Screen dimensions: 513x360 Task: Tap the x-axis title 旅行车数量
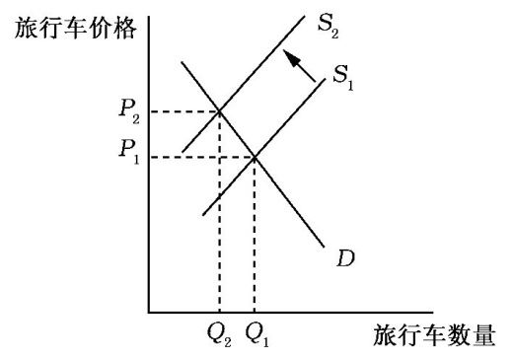coord(434,335)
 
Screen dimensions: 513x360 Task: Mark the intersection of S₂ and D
coord(219,111)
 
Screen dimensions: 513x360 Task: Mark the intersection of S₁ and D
coord(255,157)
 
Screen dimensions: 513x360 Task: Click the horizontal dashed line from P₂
coord(183,111)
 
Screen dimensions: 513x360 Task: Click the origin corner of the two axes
coord(149,312)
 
